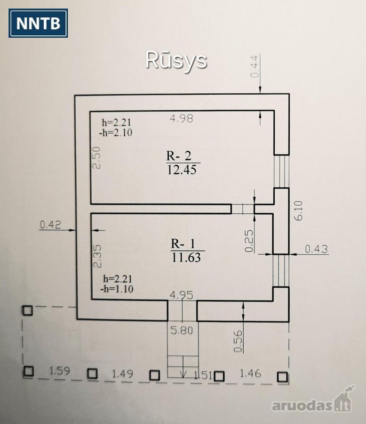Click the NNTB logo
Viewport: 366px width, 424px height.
click(x=38, y=23)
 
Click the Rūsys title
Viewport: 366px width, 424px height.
click(x=176, y=61)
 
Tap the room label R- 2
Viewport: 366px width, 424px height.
click(x=179, y=156)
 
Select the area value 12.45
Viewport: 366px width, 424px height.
click(x=182, y=170)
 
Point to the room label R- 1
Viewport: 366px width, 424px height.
click(x=183, y=244)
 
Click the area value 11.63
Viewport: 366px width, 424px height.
click(x=186, y=257)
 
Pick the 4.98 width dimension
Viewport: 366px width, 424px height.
click(x=182, y=118)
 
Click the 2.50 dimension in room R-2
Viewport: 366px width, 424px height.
click(x=96, y=158)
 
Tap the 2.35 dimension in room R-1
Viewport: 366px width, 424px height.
click(x=97, y=256)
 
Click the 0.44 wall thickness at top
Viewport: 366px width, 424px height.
click(x=255, y=66)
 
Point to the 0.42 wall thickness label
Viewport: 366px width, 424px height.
click(x=50, y=224)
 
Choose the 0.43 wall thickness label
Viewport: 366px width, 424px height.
click(x=316, y=249)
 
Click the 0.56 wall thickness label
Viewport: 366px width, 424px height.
click(x=238, y=341)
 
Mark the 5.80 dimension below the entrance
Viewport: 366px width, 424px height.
click(x=182, y=330)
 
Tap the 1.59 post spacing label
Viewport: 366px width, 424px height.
click(x=60, y=370)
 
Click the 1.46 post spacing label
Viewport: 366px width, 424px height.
click(x=250, y=374)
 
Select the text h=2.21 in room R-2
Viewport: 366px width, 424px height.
click(x=116, y=123)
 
